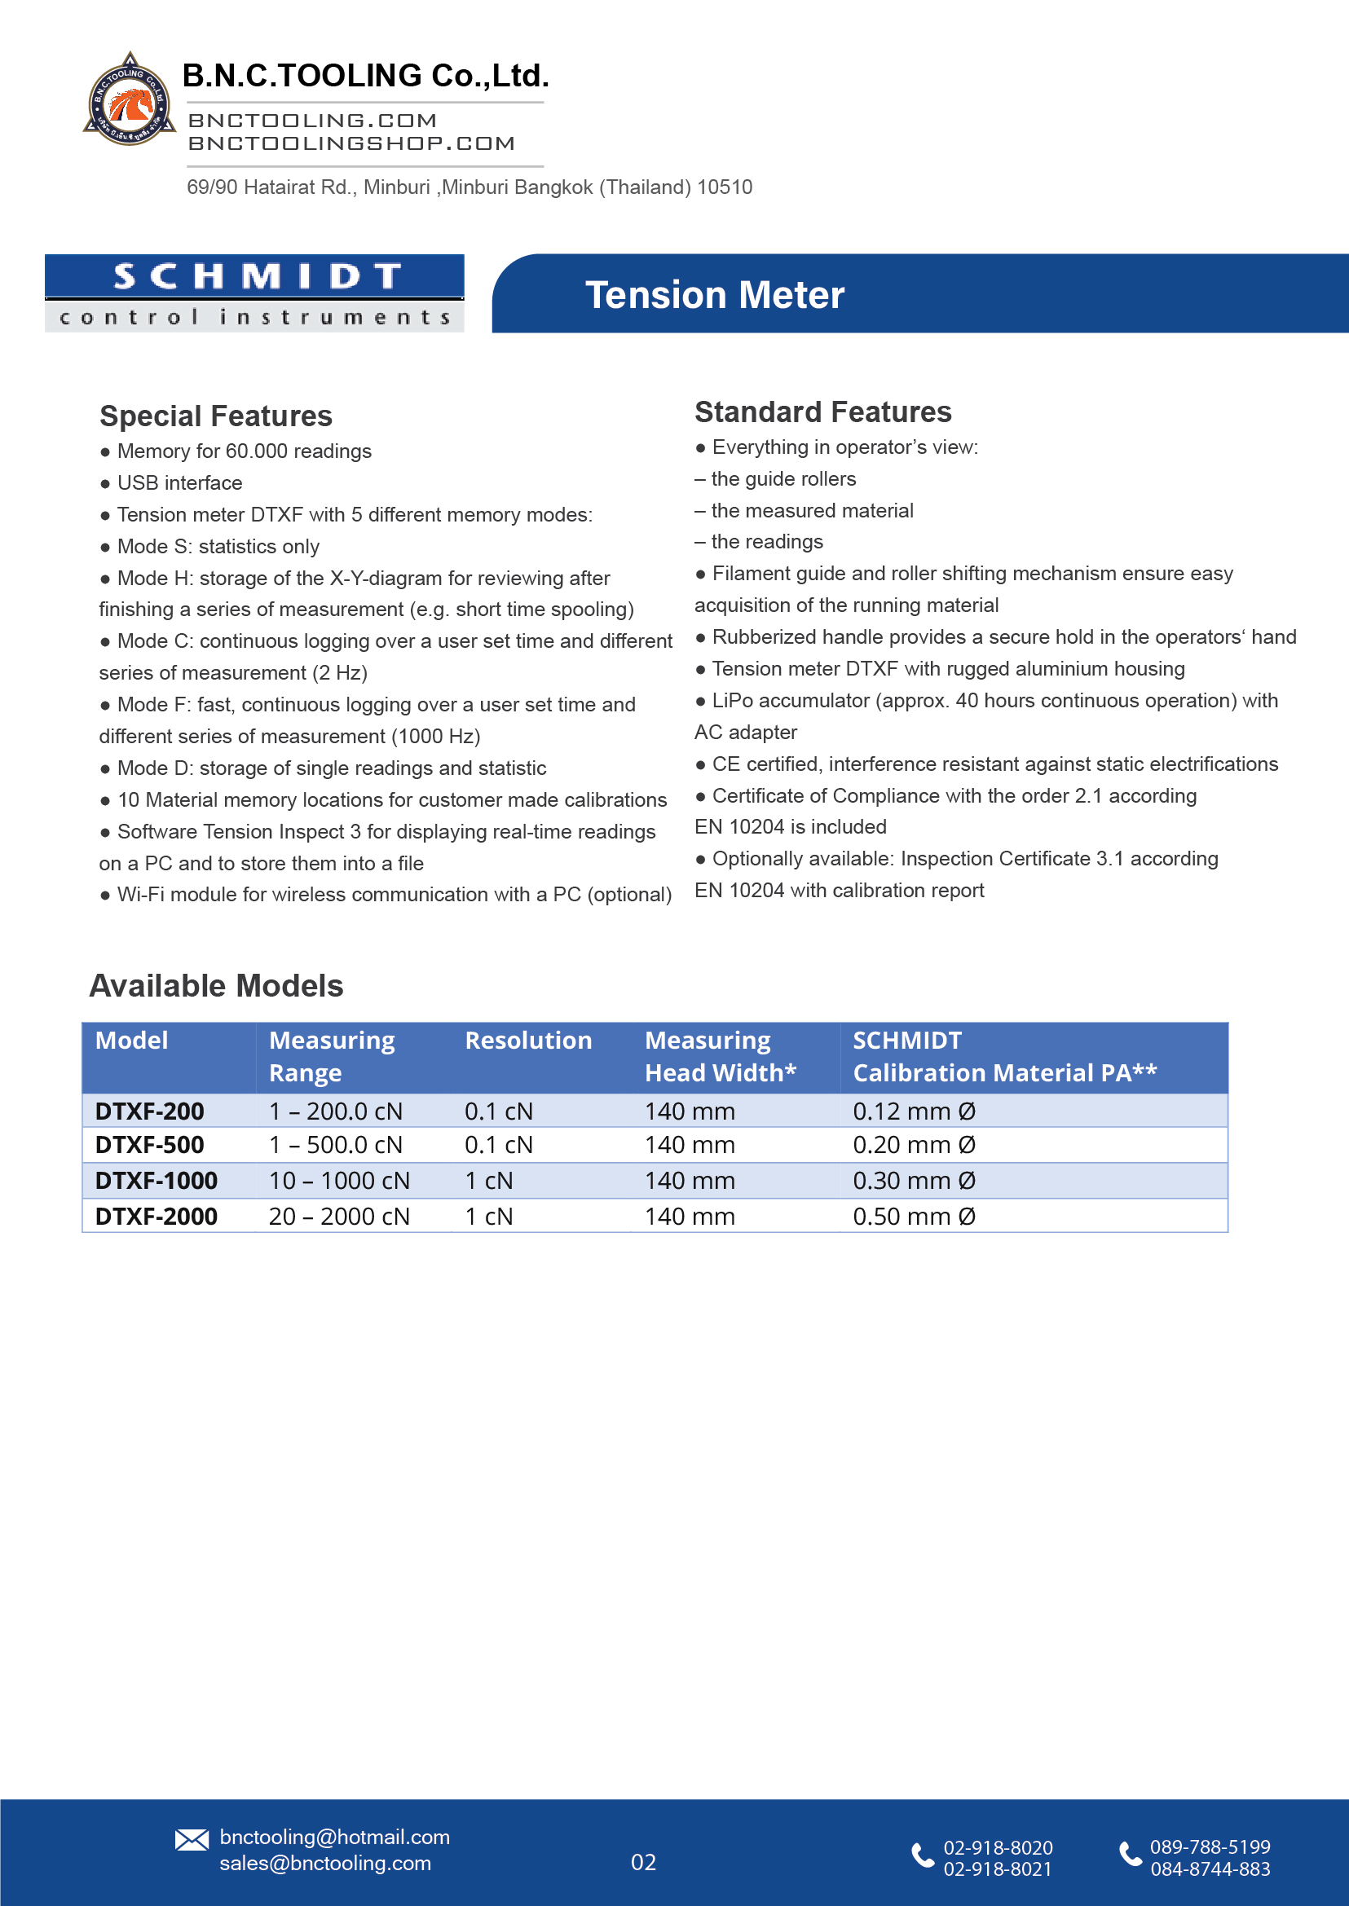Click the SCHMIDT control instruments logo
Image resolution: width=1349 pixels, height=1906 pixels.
pyautogui.click(x=254, y=293)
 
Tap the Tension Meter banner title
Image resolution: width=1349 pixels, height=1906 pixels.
pyautogui.click(x=714, y=295)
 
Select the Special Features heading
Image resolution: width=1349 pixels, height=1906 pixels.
pyautogui.click(x=215, y=416)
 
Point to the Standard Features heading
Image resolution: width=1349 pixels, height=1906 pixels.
pyautogui.click(x=822, y=412)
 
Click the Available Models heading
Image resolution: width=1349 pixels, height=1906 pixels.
pyautogui.click(x=216, y=986)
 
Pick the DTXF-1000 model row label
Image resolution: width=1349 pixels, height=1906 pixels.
pyautogui.click(x=157, y=1180)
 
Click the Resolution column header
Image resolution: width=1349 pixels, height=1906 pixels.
pyautogui.click(x=528, y=1041)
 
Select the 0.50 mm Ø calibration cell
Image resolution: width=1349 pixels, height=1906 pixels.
pyautogui.click(x=914, y=1217)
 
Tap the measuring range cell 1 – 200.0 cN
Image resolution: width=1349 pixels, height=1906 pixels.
pyautogui.click(x=336, y=1111)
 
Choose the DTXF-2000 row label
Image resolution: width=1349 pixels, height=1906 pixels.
pyautogui.click(x=157, y=1217)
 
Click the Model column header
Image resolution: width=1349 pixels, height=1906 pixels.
pyautogui.click(x=131, y=1041)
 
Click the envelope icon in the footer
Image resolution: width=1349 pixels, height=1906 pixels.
pyautogui.click(x=192, y=1839)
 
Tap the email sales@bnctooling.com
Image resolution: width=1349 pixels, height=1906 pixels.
pyautogui.click(x=324, y=1863)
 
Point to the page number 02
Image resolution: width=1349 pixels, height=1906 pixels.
pyautogui.click(x=643, y=1862)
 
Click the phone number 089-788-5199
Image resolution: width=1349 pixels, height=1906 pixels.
pyautogui.click(x=1210, y=1847)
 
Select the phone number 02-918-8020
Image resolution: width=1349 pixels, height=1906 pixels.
pyautogui.click(x=998, y=1848)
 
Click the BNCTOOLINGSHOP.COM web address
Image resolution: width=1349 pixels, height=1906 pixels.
pyautogui.click(x=351, y=143)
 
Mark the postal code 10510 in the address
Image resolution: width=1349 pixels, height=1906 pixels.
pyautogui.click(x=725, y=187)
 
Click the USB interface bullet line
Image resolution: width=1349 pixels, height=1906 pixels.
pyautogui.click(x=179, y=483)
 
